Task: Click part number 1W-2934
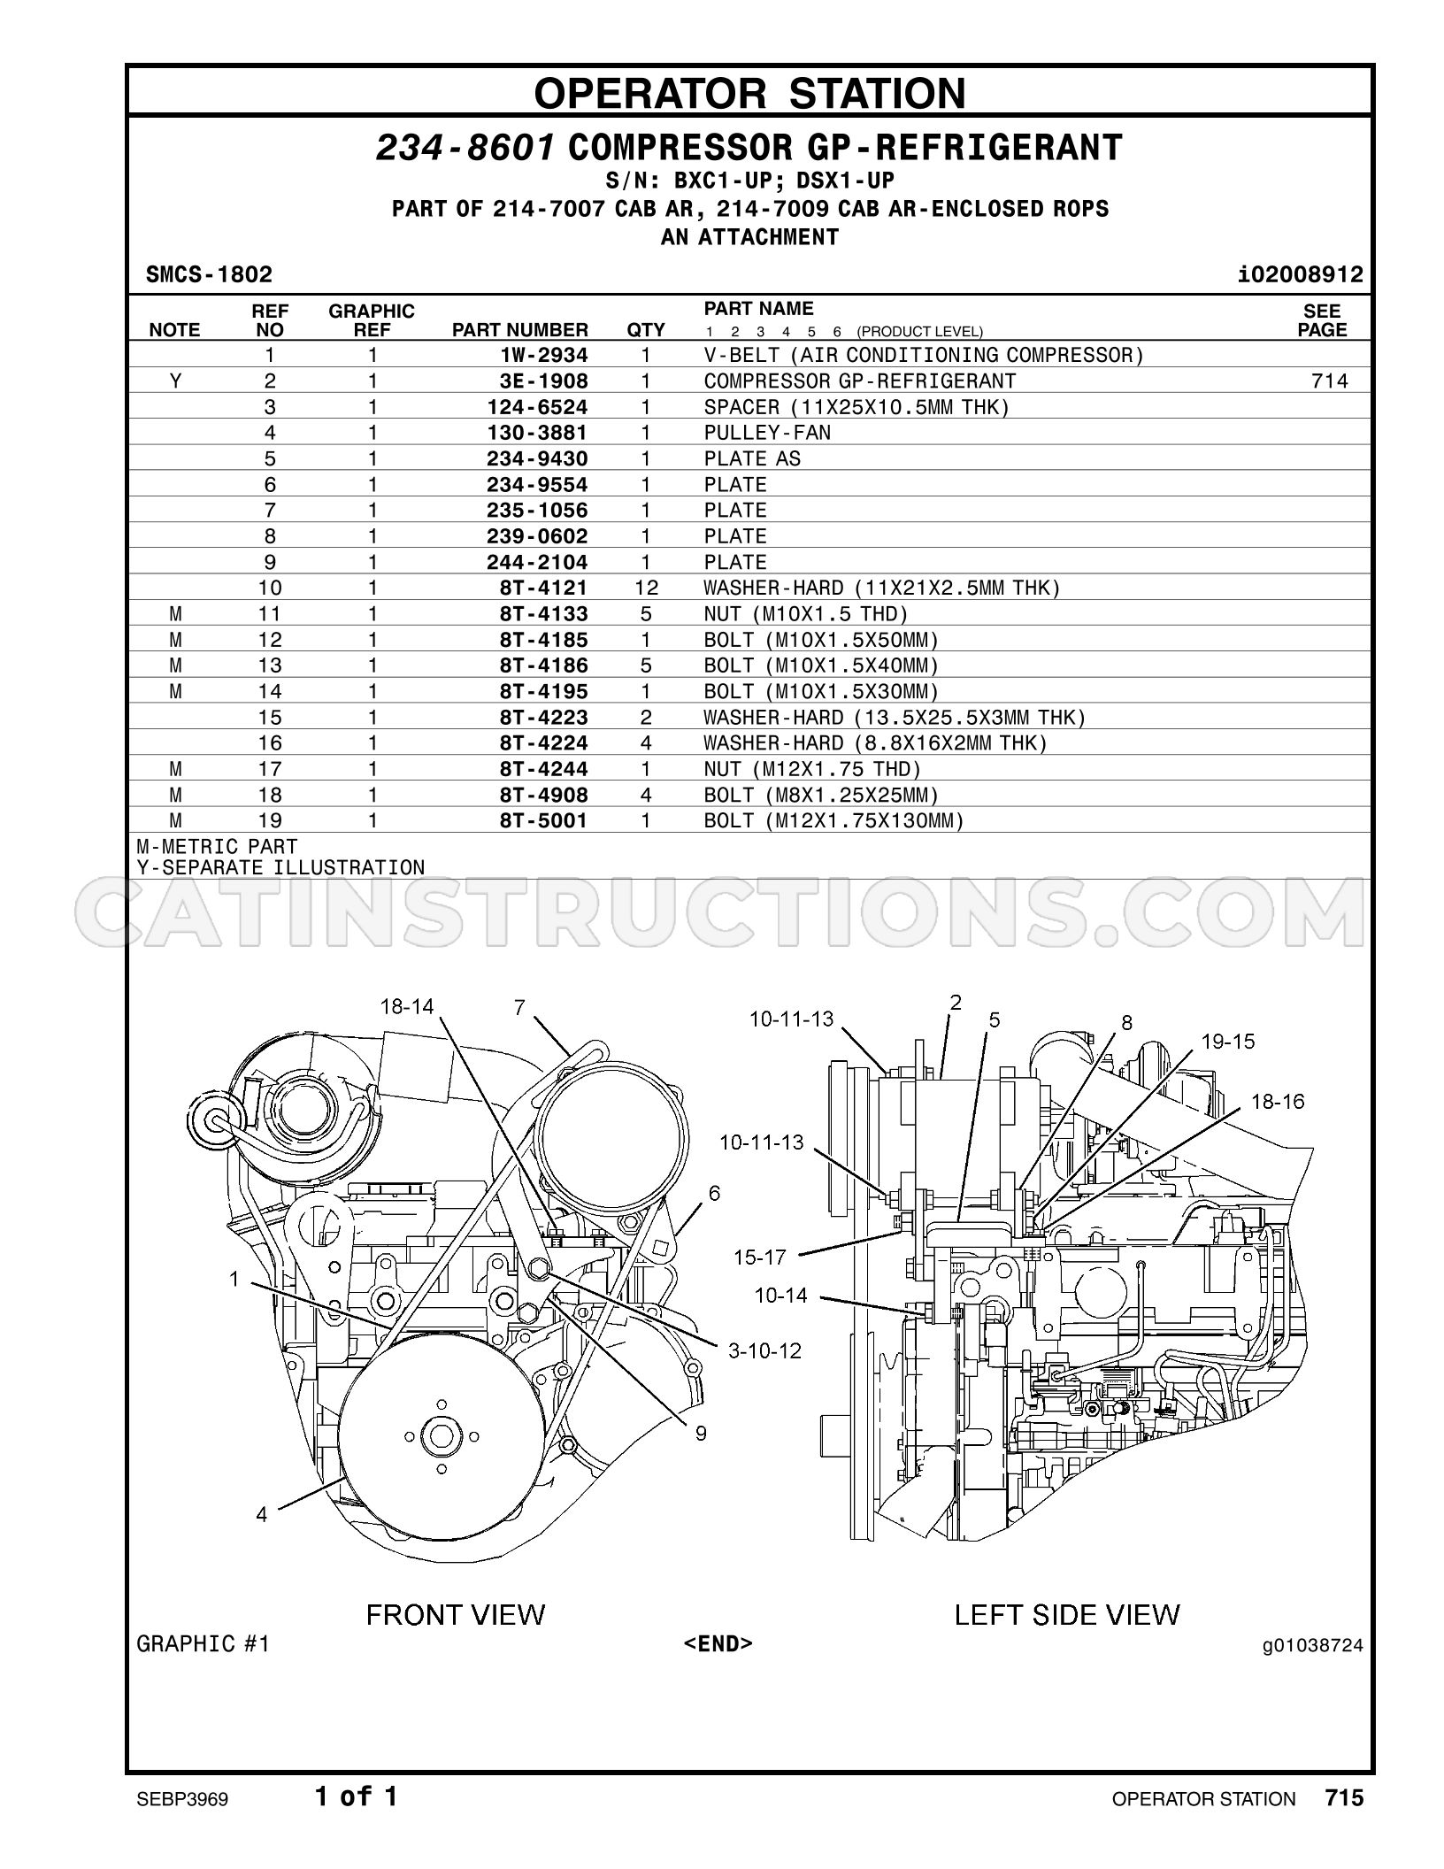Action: (543, 356)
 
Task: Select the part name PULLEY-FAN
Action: (767, 433)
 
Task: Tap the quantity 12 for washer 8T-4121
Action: (646, 588)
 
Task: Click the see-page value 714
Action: (1330, 381)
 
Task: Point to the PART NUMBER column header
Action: (520, 330)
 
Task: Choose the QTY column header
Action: (646, 330)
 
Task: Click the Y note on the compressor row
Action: (175, 381)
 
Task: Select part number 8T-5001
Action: (543, 821)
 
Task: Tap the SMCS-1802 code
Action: (209, 274)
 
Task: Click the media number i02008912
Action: (1301, 274)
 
